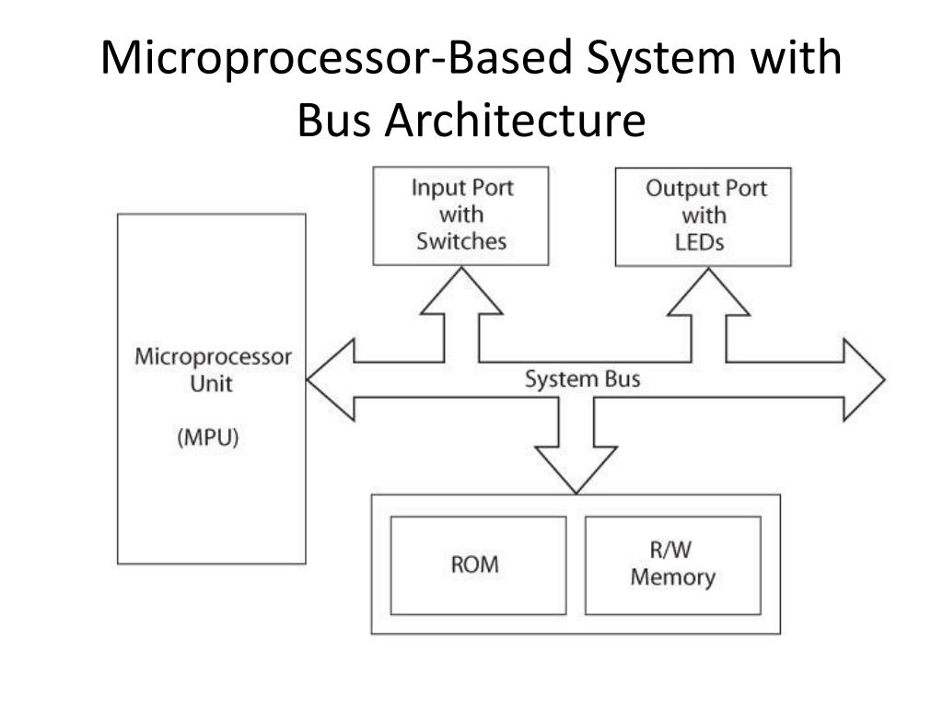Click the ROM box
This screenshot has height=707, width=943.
(x=478, y=565)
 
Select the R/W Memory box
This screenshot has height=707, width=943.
(x=673, y=565)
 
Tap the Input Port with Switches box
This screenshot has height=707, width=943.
(x=460, y=215)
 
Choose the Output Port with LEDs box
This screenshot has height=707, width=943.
(x=704, y=216)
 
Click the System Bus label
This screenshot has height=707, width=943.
(x=582, y=379)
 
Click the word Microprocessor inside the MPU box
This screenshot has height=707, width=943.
(x=213, y=357)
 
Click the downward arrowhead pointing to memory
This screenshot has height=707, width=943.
(x=576, y=469)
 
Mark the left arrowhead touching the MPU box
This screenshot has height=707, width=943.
(x=330, y=379)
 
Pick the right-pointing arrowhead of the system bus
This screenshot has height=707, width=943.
(x=863, y=379)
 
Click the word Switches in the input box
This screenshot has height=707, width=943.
(x=460, y=242)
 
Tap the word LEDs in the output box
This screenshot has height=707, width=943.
(x=699, y=243)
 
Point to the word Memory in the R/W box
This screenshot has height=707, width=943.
(x=672, y=578)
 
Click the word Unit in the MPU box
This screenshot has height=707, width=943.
(x=211, y=384)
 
